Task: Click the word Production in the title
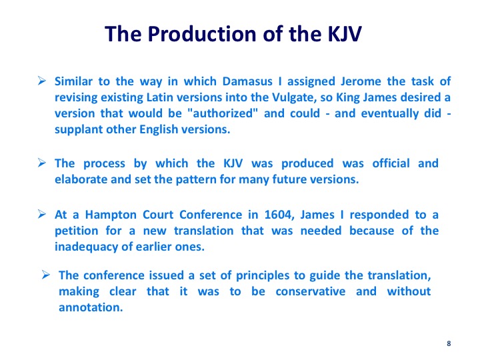pos(202,33)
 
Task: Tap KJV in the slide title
pos(345,34)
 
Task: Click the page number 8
pos(449,343)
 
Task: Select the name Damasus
pos(247,81)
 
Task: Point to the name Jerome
pos(361,81)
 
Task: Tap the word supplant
pos(78,130)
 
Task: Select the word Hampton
pos(111,215)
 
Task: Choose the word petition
pos(77,231)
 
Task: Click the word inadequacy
pos(86,247)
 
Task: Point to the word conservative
pos(311,291)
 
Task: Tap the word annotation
pos(91,307)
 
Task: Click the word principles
pos(263,276)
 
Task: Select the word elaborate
pos(81,179)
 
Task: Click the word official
pos(391,163)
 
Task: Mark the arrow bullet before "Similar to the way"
pos(42,81)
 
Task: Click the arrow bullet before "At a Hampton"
pos(42,214)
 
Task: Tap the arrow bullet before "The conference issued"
pos(46,275)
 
